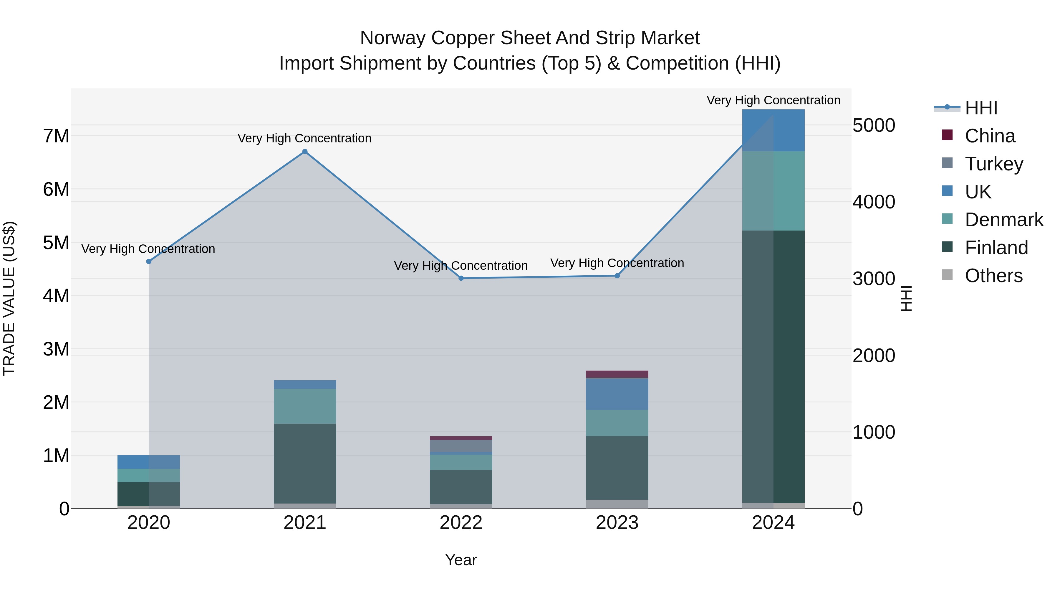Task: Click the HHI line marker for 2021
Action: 305,152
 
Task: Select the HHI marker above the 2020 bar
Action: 149,262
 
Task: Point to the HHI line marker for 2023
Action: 617,276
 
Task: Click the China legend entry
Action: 989,136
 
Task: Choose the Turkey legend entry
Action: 993,164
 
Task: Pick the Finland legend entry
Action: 996,248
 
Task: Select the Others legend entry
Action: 993,276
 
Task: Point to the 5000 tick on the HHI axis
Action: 874,125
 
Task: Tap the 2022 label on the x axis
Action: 461,523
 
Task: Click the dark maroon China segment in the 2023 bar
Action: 617,374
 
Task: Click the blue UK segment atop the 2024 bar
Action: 774,130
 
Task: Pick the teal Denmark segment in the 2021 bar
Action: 305,406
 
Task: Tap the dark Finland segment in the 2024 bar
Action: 774,367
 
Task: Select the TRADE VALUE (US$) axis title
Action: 9,298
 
